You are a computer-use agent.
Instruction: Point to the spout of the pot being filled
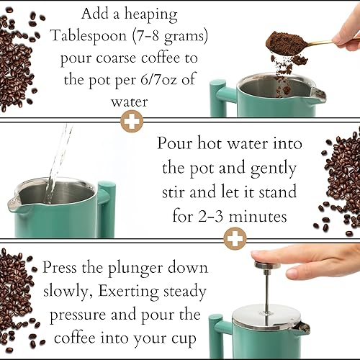click(16, 204)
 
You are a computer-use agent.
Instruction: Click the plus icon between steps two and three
click(234, 238)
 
